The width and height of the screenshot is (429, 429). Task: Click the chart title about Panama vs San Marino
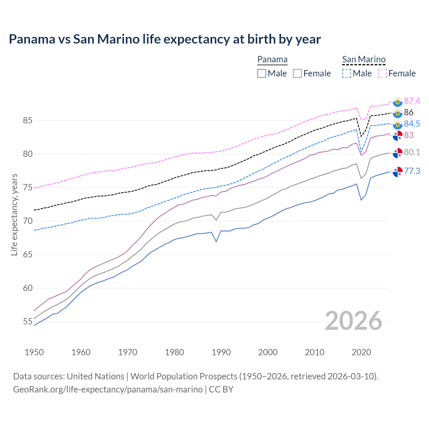click(165, 39)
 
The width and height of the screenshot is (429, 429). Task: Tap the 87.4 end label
click(412, 101)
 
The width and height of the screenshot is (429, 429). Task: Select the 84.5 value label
click(412, 124)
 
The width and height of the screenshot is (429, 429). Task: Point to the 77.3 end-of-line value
click(412, 171)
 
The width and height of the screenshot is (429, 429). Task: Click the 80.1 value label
click(412, 152)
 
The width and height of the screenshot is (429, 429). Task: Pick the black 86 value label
click(409, 112)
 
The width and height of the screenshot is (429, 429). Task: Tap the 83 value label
click(409, 135)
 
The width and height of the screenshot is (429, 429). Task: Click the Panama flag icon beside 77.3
click(397, 172)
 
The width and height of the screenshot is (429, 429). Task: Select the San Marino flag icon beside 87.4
click(397, 102)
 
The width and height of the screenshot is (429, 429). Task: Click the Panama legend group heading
click(272, 59)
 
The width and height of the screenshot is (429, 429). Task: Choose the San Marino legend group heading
click(364, 59)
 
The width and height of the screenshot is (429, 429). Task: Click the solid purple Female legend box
click(297, 73)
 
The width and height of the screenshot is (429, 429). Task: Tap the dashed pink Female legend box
click(382, 73)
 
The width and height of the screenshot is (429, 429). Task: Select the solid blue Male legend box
click(262, 73)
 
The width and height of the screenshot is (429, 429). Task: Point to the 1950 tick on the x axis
click(34, 352)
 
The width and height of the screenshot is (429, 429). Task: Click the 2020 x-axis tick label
click(361, 352)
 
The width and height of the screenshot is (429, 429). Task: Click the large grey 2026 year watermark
click(354, 321)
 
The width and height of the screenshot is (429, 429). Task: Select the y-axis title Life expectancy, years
click(14, 214)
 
